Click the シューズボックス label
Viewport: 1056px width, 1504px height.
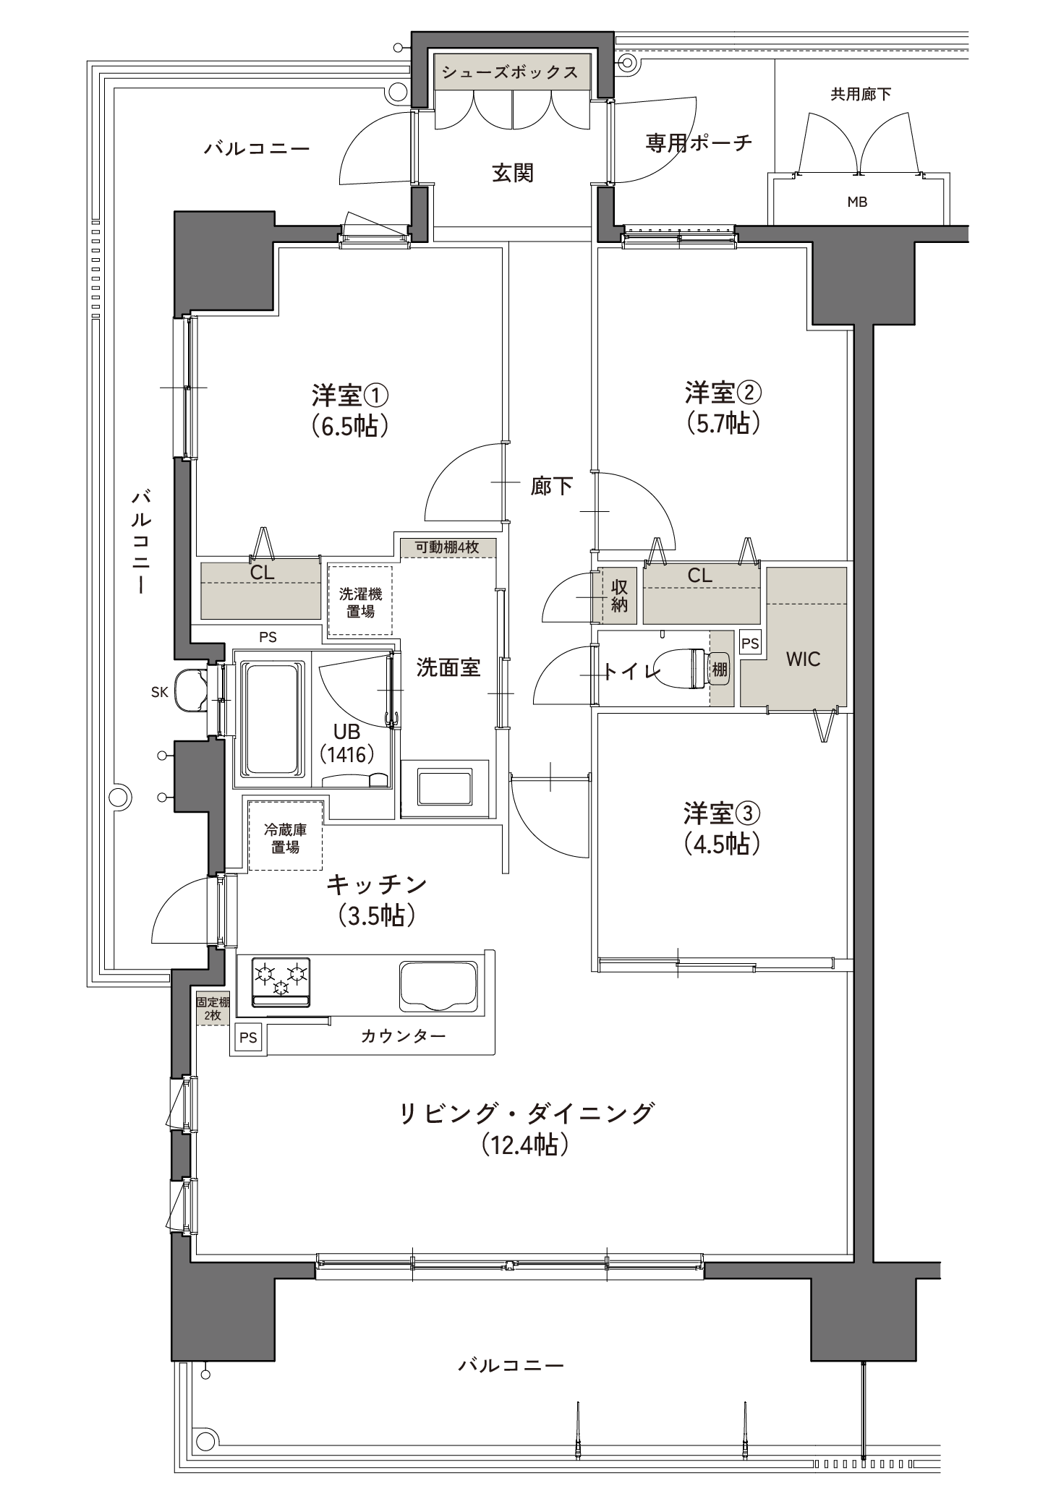click(510, 72)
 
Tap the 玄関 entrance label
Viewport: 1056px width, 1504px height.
click(513, 174)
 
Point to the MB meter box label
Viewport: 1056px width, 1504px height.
click(857, 202)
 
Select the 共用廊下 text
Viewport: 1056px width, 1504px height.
click(861, 94)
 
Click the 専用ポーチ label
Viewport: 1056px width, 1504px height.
click(699, 142)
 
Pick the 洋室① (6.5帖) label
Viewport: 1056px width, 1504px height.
click(351, 410)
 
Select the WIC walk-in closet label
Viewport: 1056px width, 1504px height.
click(803, 659)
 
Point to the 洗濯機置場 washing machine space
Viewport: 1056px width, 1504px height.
click(360, 601)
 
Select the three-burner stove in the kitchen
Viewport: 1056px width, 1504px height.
click(281, 981)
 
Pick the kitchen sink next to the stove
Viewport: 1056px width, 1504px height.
click(438, 987)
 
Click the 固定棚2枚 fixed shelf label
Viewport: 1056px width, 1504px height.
click(213, 1009)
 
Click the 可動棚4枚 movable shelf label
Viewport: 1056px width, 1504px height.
click(447, 547)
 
